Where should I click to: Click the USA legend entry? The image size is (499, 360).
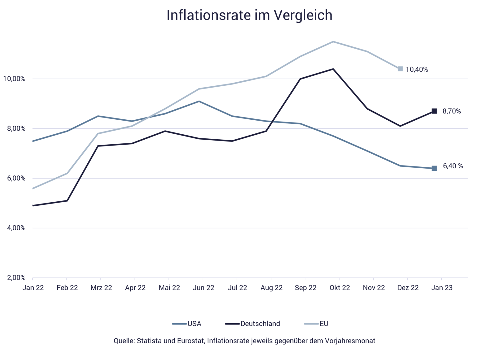pyautogui.click(x=194, y=324)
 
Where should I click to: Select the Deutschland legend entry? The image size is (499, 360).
pyautogui.click(x=260, y=324)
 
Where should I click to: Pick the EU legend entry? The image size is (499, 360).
pyautogui.click(x=324, y=324)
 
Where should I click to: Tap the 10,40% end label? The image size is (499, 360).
pyautogui.click(x=417, y=69)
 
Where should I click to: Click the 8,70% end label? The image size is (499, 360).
pyautogui.click(x=452, y=111)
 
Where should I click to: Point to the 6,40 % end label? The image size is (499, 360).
pyautogui.click(x=453, y=166)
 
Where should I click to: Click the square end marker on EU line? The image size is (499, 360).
pyautogui.click(x=400, y=69)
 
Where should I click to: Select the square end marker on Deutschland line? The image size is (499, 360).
pyautogui.click(x=434, y=111)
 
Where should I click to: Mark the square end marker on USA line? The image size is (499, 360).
pyautogui.click(x=434, y=168)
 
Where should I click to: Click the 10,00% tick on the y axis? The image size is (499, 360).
pyautogui.click(x=14, y=79)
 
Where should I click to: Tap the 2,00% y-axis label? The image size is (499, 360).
pyautogui.click(x=15, y=278)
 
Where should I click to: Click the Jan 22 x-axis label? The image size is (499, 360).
pyautogui.click(x=33, y=288)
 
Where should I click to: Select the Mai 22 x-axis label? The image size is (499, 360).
pyautogui.click(x=169, y=288)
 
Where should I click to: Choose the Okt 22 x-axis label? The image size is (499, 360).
pyautogui.click(x=340, y=288)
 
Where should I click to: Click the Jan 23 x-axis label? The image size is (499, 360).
pyautogui.click(x=442, y=288)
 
